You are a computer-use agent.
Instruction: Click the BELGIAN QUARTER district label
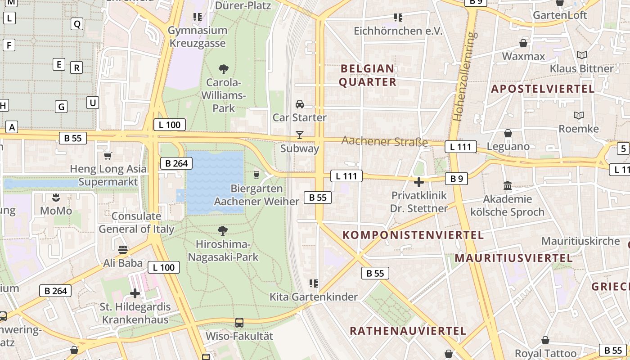click(x=367, y=75)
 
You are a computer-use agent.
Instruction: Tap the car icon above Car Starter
click(x=299, y=104)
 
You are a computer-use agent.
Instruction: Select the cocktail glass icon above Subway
click(x=299, y=135)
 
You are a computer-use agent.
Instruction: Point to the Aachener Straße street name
click(x=384, y=141)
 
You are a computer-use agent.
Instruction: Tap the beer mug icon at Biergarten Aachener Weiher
click(x=256, y=175)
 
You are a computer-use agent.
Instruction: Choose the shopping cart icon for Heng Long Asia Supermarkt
click(x=108, y=156)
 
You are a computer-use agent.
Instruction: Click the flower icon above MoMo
click(x=56, y=197)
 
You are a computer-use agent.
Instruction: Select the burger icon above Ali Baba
click(x=122, y=249)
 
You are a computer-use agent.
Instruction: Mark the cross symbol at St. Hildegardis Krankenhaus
click(x=135, y=293)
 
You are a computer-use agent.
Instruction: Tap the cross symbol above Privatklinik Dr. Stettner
click(x=419, y=182)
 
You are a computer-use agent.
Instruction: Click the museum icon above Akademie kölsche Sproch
click(x=508, y=185)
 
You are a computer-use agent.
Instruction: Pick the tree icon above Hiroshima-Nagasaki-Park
click(x=223, y=231)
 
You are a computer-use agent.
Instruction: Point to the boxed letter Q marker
click(x=77, y=24)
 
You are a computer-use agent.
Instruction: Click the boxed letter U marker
click(x=93, y=103)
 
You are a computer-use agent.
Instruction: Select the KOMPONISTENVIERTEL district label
click(x=413, y=235)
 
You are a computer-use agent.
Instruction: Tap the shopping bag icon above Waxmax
click(x=523, y=43)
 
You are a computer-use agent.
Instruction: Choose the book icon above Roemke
click(x=579, y=115)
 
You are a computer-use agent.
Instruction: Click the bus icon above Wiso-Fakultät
click(x=239, y=323)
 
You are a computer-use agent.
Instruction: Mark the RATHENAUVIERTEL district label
click(x=408, y=331)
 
